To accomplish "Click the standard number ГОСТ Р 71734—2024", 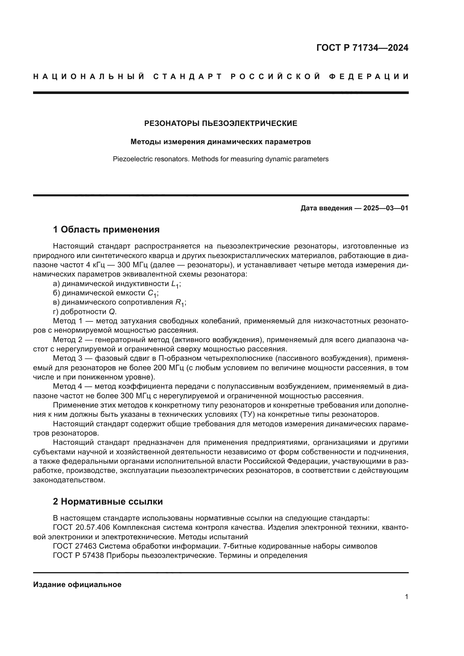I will click(362, 48).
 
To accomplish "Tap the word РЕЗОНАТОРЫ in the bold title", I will click(172, 123).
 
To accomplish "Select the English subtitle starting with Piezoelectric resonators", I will click(220, 159).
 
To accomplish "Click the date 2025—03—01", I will click(386, 208).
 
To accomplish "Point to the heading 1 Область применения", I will click(106, 229).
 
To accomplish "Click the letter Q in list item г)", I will click(112, 312).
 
